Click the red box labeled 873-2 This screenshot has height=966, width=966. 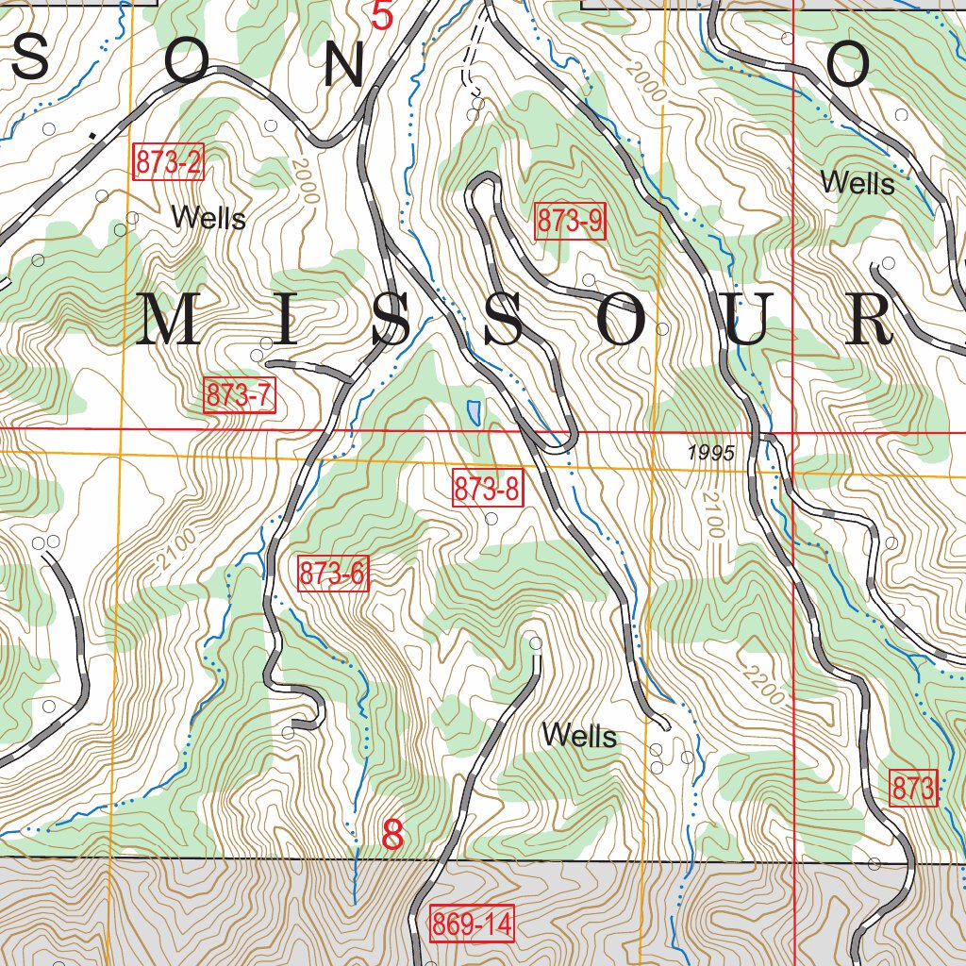(x=169, y=162)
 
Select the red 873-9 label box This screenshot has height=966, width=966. (x=570, y=221)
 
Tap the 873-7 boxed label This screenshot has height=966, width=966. (x=240, y=396)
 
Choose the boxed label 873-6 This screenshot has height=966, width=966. (x=332, y=574)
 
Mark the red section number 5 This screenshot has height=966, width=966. (x=381, y=16)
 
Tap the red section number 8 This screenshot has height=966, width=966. (x=392, y=835)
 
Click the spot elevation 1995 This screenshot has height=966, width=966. (x=710, y=453)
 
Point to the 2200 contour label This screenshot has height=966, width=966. (x=762, y=686)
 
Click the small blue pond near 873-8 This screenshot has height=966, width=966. (x=474, y=411)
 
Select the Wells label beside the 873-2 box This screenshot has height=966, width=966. (x=208, y=219)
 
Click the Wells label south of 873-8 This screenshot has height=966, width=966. (x=579, y=736)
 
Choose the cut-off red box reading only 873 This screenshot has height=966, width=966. (x=913, y=789)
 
